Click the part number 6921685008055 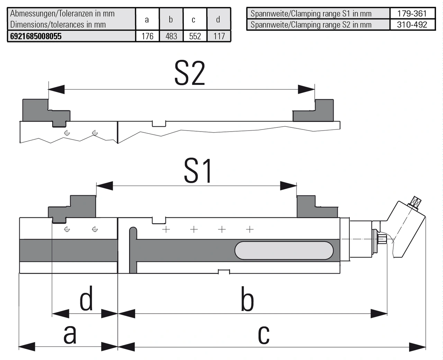[36, 36]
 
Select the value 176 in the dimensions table [147, 36]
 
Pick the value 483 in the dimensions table [171, 36]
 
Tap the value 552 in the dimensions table [195, 36]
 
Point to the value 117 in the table [219, 36]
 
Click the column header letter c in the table [193, 20]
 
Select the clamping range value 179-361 [412, 13]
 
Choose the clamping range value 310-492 [412, 25]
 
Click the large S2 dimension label [190, 73]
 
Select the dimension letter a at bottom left [70, 334]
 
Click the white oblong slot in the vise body [284, 251]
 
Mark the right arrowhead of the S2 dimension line [306, 89]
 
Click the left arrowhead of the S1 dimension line [105, 186]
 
